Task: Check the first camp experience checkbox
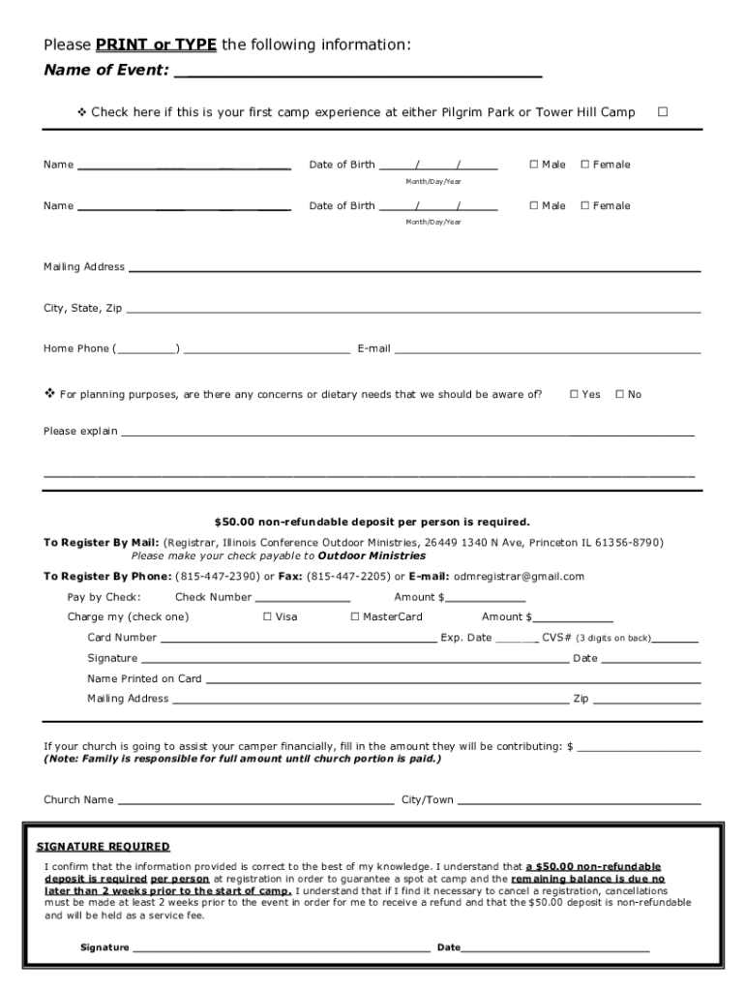tap(663, 112)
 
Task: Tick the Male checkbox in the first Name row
tap(534, 165)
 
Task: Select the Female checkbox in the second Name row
tap(584, 205)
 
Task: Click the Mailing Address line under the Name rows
tap(414, 268)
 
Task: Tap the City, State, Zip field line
tap(413, 310)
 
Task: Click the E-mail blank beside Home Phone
tap(547, 350)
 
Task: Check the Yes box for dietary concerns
tap(574, 394)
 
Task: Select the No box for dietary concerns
tap(619, 394)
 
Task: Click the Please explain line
tap(406, 433)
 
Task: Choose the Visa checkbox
tap(267, 616)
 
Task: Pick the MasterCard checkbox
tap(354, 616)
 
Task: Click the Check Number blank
tap(302, 599)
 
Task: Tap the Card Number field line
tap(298, 640)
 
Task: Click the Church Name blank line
tap(255, 801)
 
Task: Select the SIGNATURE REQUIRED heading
tap(103, 847)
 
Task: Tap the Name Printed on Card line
tap(453, 680)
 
